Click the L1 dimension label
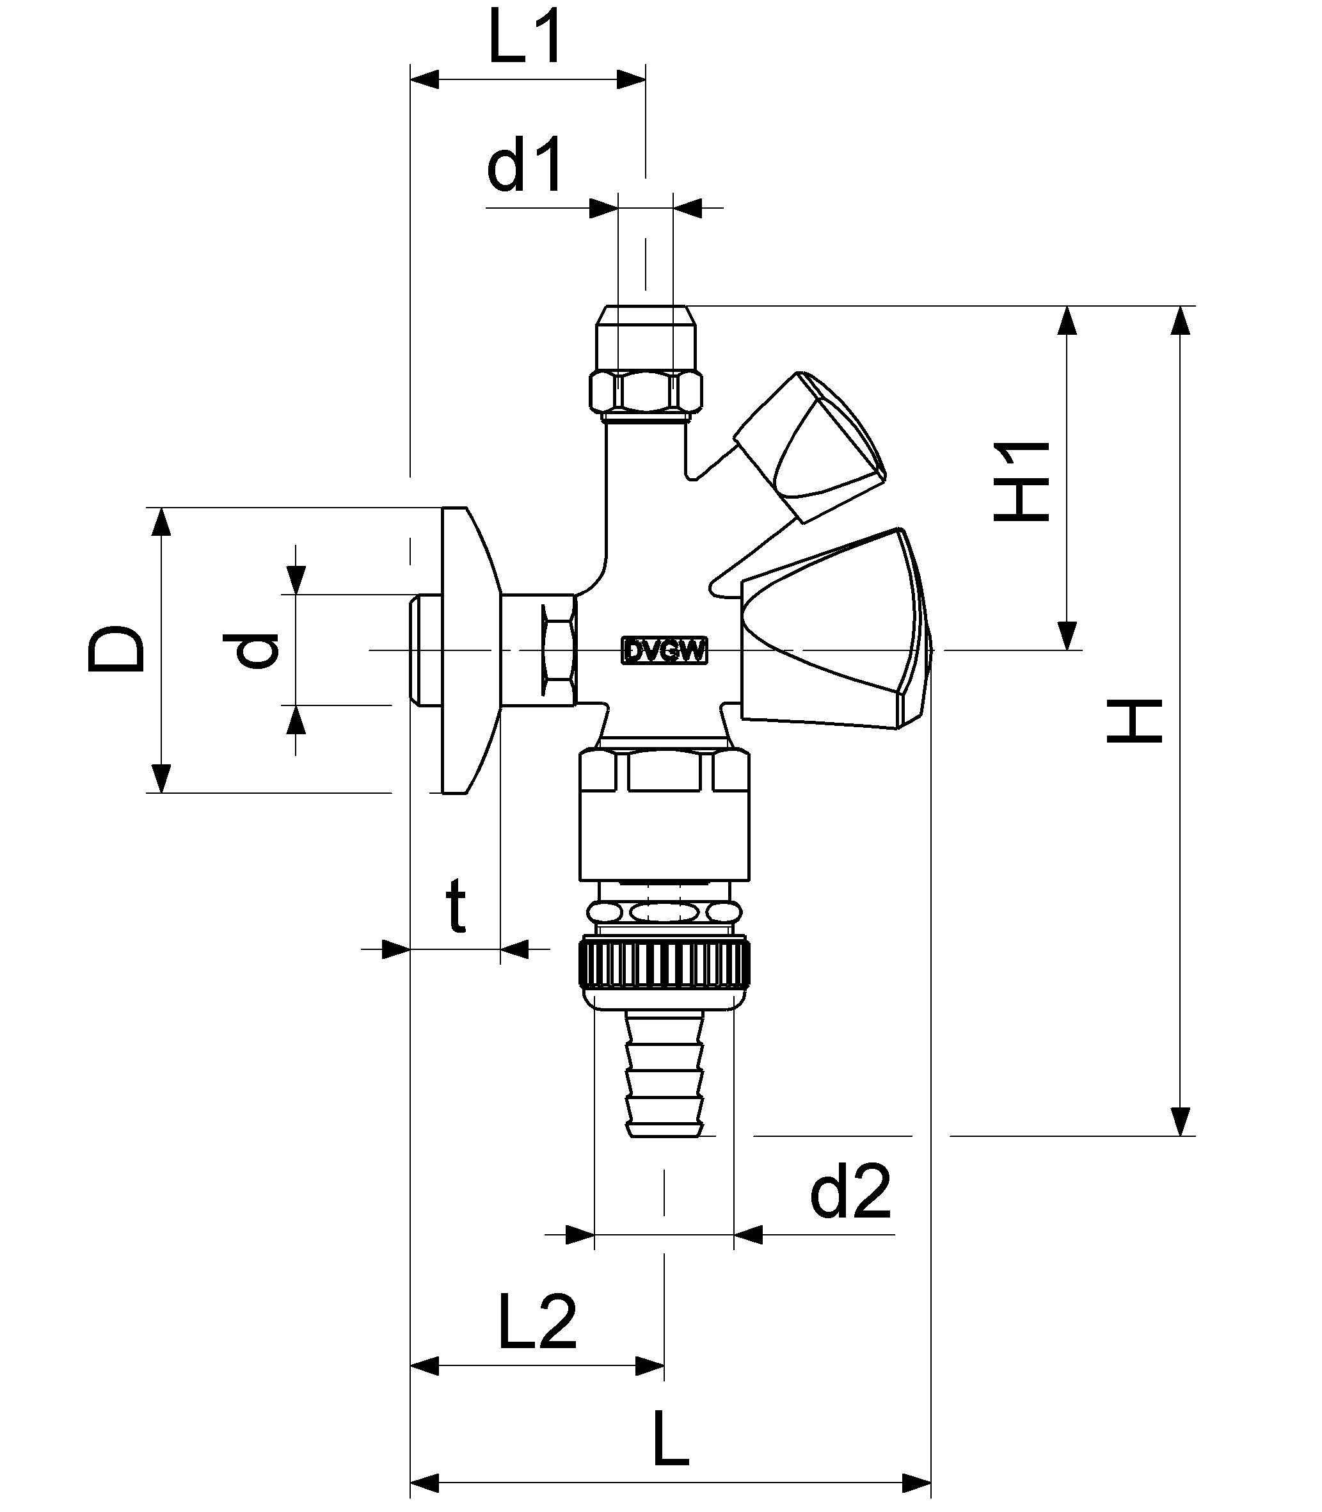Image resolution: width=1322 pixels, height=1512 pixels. [x=525, y=37]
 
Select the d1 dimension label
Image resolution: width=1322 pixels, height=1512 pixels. [x=525, y=165]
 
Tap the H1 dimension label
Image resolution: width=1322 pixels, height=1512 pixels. [x=1021, y=481]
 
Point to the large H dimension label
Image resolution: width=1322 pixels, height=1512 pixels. [x=1134, y=721]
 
